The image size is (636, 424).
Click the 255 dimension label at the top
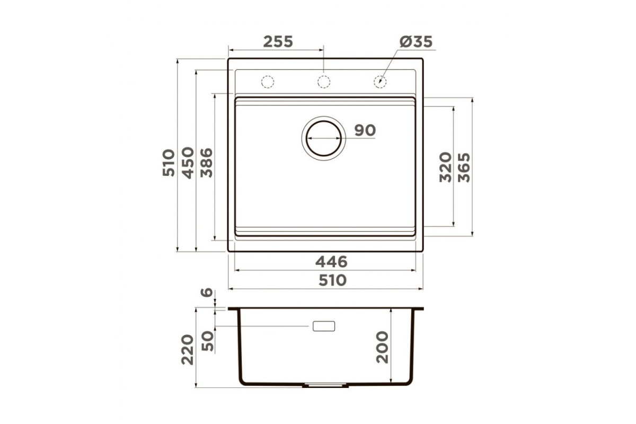pos(278,42)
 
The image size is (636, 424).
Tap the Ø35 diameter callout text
pos(416,42)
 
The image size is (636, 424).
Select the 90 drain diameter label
pos(365,130)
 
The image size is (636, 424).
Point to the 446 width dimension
pos(331,262)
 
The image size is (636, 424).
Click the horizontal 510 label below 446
pos(332,280)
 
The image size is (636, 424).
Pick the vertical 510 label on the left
pos(169,163)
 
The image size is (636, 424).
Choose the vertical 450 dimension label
pos(188,163)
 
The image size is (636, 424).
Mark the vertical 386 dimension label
pos(206,163)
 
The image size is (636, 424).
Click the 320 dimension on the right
pos(445,167)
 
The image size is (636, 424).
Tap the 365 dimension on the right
pos(464,167)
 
